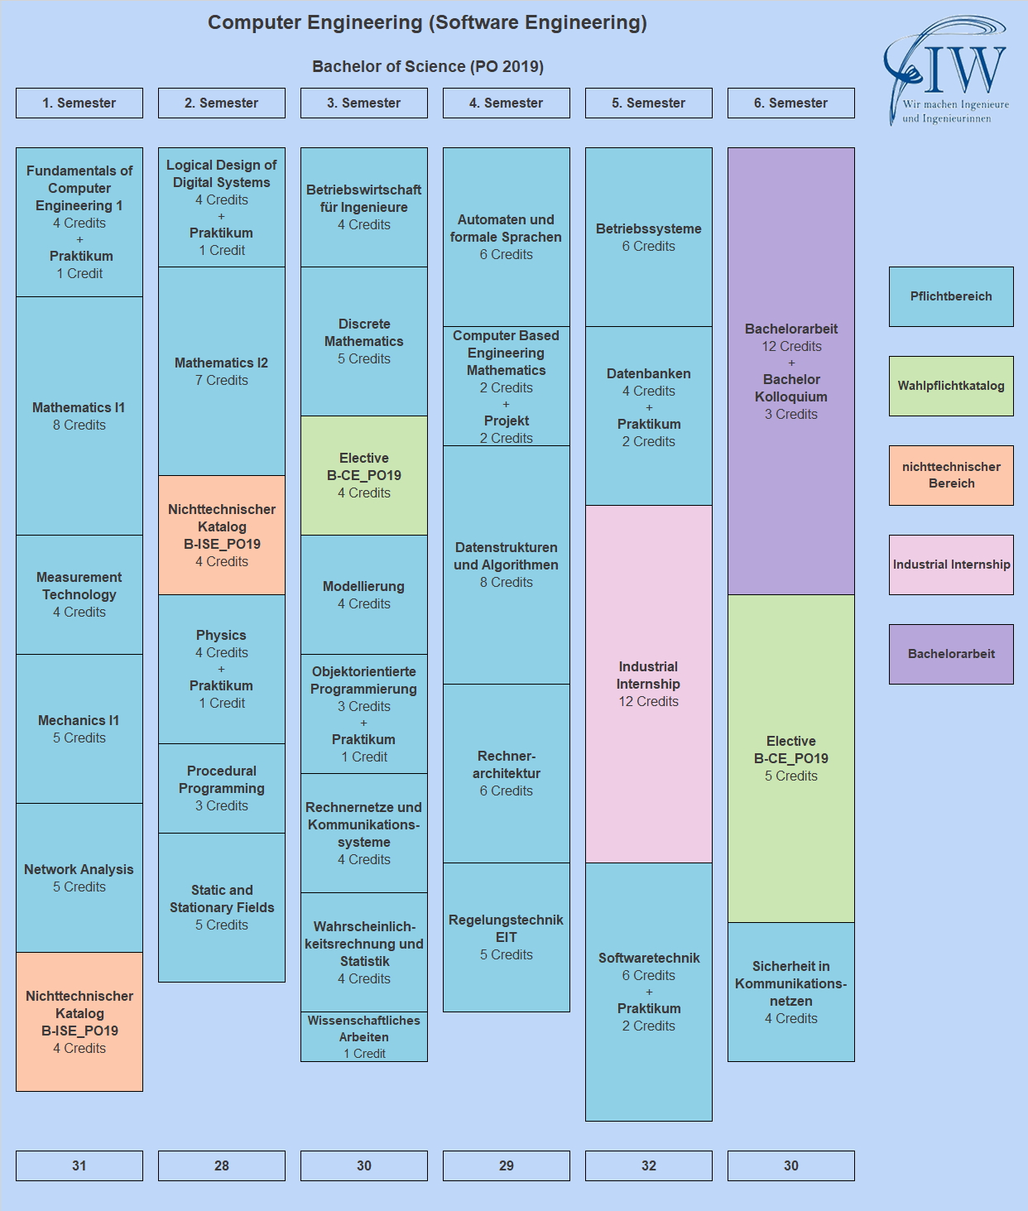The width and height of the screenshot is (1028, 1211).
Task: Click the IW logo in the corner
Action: pos(946,72)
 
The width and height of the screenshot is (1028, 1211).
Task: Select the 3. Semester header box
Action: pos(364,103)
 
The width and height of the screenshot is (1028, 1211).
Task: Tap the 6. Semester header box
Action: pos(791,103)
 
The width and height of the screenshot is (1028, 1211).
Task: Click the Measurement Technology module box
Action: pos(79,594)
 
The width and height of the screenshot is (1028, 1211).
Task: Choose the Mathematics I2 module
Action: pos(222,371)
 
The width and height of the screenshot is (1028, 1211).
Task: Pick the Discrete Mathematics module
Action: pos(364,341)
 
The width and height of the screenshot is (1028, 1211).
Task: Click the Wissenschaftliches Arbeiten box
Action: pos(364,1036)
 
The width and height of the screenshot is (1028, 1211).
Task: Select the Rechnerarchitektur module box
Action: pos(507,773)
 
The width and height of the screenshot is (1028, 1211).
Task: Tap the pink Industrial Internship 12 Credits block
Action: pos(649,684)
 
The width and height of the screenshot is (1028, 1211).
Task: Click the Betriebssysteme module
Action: pos(649,237)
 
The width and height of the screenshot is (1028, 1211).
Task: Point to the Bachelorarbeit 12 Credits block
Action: pos(791,371)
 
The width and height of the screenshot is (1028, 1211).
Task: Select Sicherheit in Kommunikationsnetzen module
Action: pos(791,992)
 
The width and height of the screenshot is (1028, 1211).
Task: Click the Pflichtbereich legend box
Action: pos(951,296)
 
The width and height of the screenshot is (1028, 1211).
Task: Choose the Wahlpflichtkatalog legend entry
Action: pos(951,386)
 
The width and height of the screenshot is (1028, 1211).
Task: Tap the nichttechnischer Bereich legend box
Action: pos(951,475)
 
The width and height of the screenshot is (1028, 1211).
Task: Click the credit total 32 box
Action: pos(649,1165)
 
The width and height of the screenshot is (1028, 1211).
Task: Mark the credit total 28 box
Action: pos(222,1165)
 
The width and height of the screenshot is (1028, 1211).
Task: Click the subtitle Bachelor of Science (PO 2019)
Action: pos(427,66)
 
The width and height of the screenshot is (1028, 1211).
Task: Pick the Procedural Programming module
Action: pos(222,788)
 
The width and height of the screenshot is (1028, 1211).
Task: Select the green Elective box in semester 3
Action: pos(364,475)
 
